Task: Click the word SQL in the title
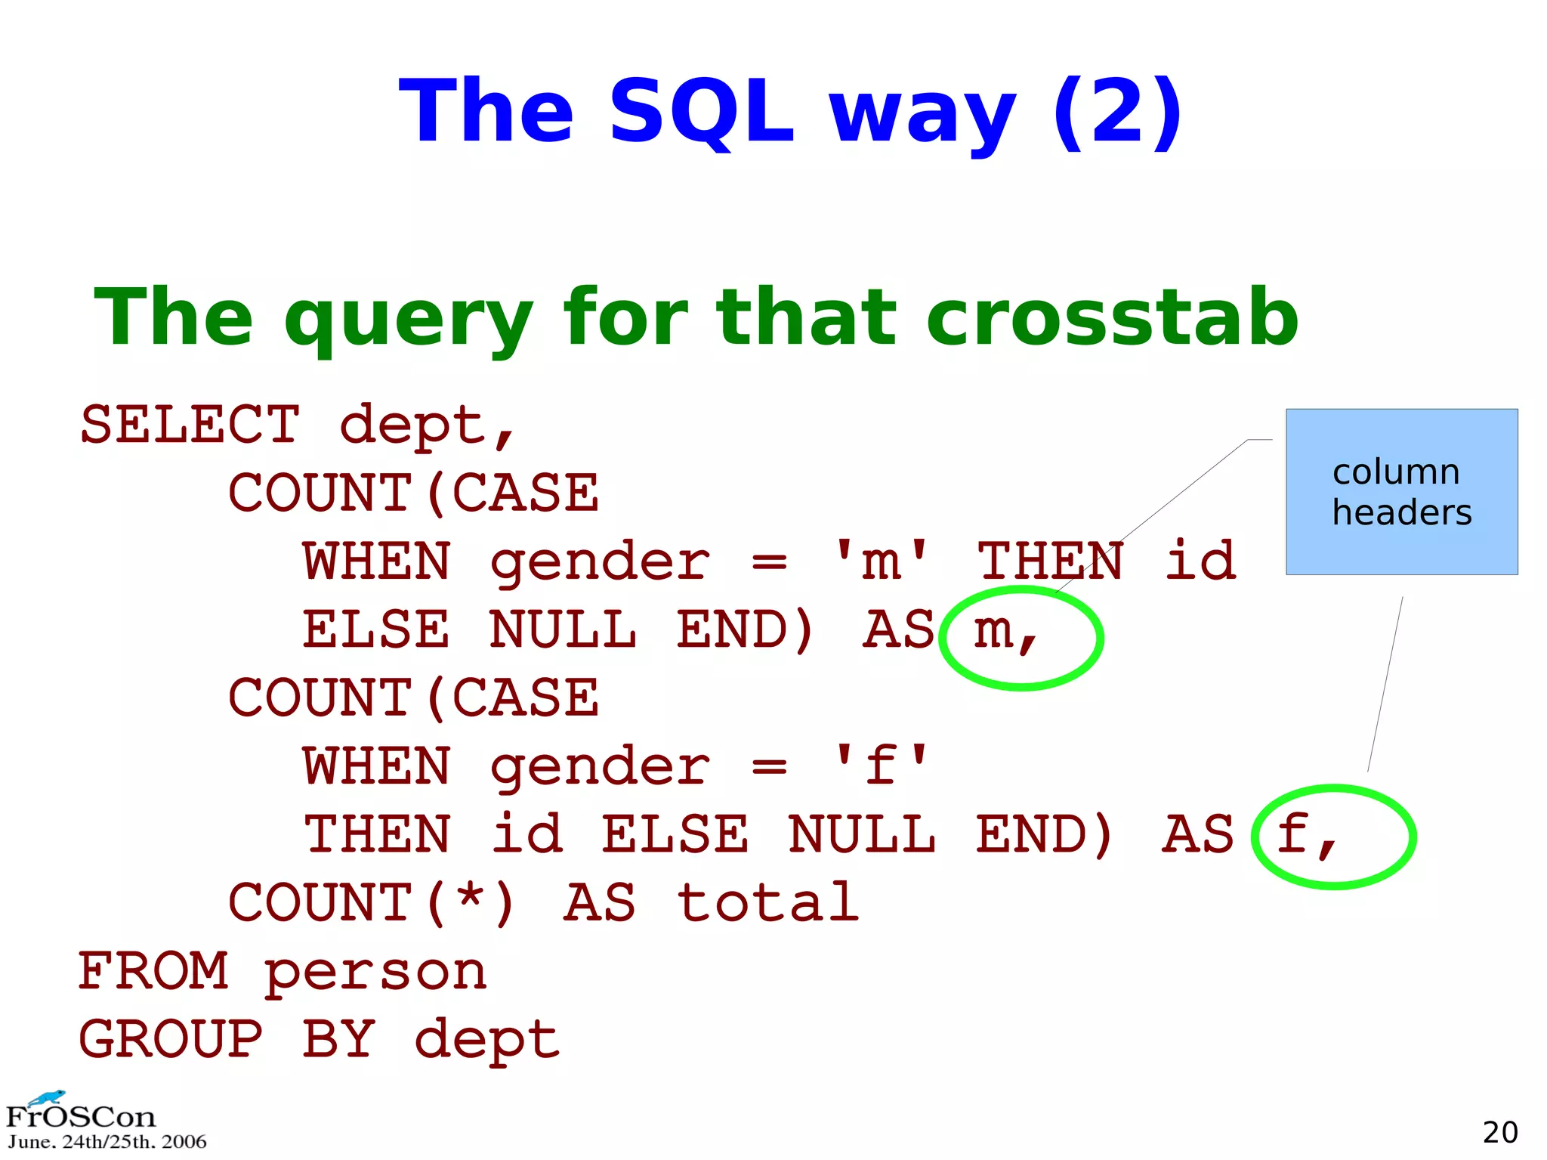click(x=702, y=112)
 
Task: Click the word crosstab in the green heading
click(x=1112, y=317)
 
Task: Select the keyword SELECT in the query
click(x=190, y=424)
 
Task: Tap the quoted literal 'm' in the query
click(x=881, y=561)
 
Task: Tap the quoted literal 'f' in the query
click(x=881, y=766)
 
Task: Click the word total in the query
click(x=767, y=902)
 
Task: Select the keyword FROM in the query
click(x=153, y=971)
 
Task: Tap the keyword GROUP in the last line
click(x=171, y=1039)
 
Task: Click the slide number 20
click(x=1499, y=1132)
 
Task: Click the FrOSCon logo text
click(x=80, y=1117)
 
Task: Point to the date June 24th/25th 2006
click(x=107, y=1142)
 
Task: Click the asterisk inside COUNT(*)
click(x=471, y=899)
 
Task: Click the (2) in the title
click(x=1117, y=112)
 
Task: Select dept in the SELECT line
click(x=413, y=424)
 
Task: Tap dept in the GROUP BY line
click(x=487, y=1039)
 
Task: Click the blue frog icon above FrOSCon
click(x=48, y=1097)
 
